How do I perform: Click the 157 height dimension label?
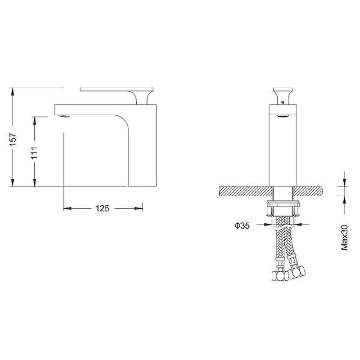pyautogui.click(x=13, y=139)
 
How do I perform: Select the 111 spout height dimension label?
pyautogui.click(x=35, y=153)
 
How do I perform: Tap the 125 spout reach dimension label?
pyautogui.click(x=102, y=208)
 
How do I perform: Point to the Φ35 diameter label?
pyautogui.click(x=242, y=225)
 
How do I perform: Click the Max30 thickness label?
pyautogui.click(x=344, y=237)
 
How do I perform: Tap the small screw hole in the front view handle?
pyautogui.click(x=283, y=102)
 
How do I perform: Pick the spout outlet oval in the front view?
pyautogui.click(x=283, y=116)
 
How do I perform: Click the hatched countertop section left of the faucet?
pyautogui.click(x=246, y=191)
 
